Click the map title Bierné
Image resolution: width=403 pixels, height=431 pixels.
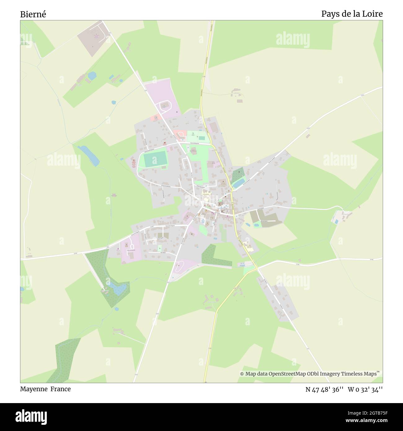tap(33, 14)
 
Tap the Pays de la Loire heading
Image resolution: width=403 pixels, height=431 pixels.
tap(352, 14)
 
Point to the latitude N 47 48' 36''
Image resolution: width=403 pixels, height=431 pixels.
tap(324, 389)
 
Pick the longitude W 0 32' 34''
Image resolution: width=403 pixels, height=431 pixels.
tap(365, 389)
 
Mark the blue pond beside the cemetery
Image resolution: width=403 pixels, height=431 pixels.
tap(238, 184)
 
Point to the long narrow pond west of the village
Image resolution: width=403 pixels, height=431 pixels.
tap(89, 155)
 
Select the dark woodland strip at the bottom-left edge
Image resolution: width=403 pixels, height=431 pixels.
tap(63, 360)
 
